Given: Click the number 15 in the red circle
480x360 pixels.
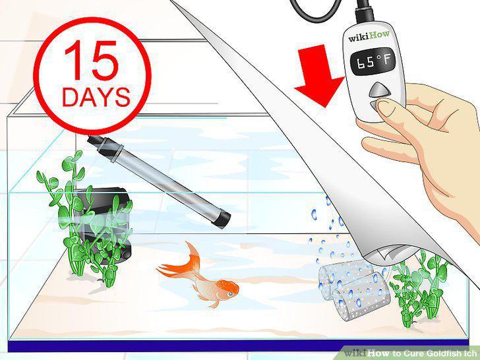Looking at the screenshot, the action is [91, 60].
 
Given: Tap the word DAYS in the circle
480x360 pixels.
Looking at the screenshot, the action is [96, 97].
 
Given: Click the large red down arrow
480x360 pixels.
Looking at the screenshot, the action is [319, 76].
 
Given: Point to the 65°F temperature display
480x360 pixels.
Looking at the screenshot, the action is [373, 62].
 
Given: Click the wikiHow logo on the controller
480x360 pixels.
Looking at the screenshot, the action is [369, 36].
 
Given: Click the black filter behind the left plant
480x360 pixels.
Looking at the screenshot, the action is [104, 225].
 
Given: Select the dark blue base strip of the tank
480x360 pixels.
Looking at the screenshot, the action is [238, 346].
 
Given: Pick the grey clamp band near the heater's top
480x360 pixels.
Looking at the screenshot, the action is [110, 150].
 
